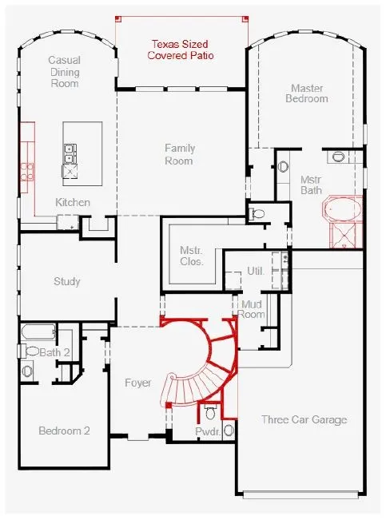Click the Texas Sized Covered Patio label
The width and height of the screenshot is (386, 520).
pyautogui.click(x=181, y=50)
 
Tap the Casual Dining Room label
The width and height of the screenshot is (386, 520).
pyautogui.click(x=65, y=72)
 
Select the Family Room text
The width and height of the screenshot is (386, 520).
pyautogui.click(x=180, y=154)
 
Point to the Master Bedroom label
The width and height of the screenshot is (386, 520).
pyautogui.click(x=307, y=93)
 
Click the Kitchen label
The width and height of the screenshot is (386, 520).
pyautogui.click(x=73, y=202)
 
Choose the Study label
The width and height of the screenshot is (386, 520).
pyautogui.click(x=66, y=281)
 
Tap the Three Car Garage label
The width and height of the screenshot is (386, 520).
pyautogui.click(x=304, y=419)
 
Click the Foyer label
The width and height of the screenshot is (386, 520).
pyautogui.click(x=137, y=383)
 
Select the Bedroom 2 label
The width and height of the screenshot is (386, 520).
pyautogui.click(x=64, y=431)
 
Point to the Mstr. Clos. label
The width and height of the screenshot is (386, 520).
pyautogui.click(x=192, y=256)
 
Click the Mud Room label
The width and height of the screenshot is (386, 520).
pyautogui.click(x=252, y=309)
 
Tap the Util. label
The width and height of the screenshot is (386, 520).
pyautogui.click(x=256, y=271)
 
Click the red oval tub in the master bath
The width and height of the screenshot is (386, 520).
pyautogui.click(x=343, y=209)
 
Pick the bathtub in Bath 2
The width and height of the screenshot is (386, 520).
pyautogui.click(x=38, y=331)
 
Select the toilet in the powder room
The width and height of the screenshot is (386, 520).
pyautogui.click(x=210, y=411)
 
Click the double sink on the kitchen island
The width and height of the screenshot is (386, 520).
pyautogui.click(x=70, y=154)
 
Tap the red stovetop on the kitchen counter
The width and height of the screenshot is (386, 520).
pyautogui.click(x=27, y=172)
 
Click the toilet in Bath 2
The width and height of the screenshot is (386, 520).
pyautogui.click(x=30, y=351)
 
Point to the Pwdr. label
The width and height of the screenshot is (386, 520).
pyautogui.click(x=208, y=431)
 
